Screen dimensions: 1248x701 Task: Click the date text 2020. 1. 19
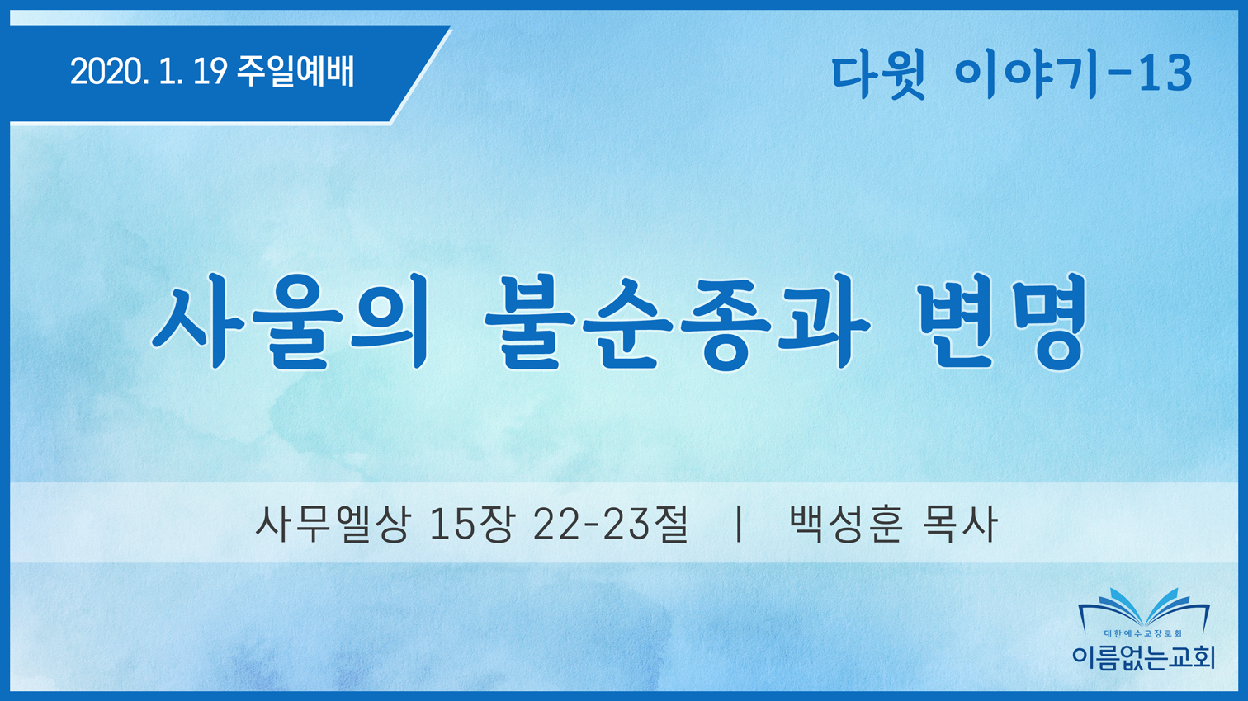tap(149, 73)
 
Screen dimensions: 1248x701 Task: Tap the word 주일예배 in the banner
tap(295, 73)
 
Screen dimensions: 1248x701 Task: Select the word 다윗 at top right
tap(878, 75)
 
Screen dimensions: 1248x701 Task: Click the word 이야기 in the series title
tap(1026, 75)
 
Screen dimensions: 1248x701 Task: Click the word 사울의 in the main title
tap(290, 321)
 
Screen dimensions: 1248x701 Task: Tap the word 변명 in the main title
tap(1003, 321)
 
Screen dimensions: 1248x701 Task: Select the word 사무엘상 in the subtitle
tap(333, 524)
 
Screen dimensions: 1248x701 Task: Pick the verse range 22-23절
tap(611, 524)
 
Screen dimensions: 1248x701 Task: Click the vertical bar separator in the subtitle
tap(740, 524)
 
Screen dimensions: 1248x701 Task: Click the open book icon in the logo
tap(1144, 610)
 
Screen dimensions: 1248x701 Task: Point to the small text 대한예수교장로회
tap(1144, 633)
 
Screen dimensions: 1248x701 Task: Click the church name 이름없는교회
tap(1144, 657)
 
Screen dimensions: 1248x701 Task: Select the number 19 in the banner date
tap(210, 73)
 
